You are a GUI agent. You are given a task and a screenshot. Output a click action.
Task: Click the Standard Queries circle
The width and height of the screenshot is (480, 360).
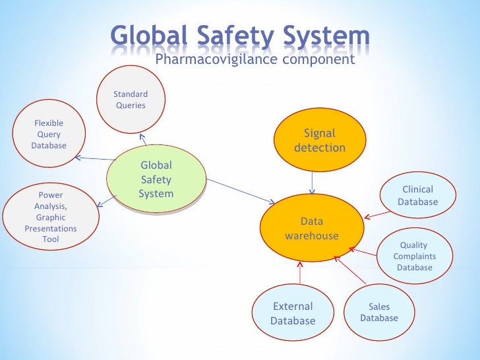131,100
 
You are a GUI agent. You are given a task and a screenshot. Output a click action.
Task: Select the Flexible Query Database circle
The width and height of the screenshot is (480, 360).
49,134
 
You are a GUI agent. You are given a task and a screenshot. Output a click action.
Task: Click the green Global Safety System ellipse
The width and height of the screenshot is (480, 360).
156,179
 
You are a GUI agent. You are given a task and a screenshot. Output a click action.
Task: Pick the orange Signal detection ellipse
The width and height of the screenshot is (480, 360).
319,140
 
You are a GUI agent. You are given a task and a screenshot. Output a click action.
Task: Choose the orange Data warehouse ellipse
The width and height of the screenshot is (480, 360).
312,228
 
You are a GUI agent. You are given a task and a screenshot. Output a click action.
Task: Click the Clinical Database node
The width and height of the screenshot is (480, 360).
417,196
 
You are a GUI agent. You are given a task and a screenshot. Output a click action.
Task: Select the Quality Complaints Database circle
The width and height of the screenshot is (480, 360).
414,256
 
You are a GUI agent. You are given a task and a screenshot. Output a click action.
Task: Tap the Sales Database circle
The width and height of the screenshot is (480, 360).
379,312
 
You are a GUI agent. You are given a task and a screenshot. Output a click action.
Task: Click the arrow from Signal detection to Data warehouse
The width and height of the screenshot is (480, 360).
313,180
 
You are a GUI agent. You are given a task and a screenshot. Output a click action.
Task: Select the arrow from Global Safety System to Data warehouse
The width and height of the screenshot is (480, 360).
241,191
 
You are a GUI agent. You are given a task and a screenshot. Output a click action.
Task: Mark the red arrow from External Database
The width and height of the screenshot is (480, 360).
300,274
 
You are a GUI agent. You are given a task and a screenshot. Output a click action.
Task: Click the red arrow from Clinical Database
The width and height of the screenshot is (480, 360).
377,214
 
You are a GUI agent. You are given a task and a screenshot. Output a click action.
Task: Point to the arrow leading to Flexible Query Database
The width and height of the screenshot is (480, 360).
92,158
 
